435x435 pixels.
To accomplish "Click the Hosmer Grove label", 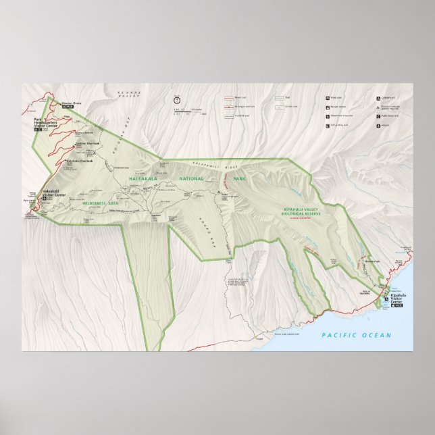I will coord(72,104).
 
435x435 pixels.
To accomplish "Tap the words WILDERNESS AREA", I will coord(99,201).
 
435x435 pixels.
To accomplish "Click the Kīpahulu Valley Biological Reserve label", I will coord(303,211).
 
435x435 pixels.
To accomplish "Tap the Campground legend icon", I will coord(378,98).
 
